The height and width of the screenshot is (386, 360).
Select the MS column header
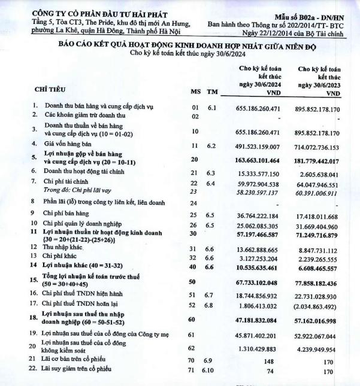(x=195, y=92)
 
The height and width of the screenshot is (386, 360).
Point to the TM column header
(x=211, y=92)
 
